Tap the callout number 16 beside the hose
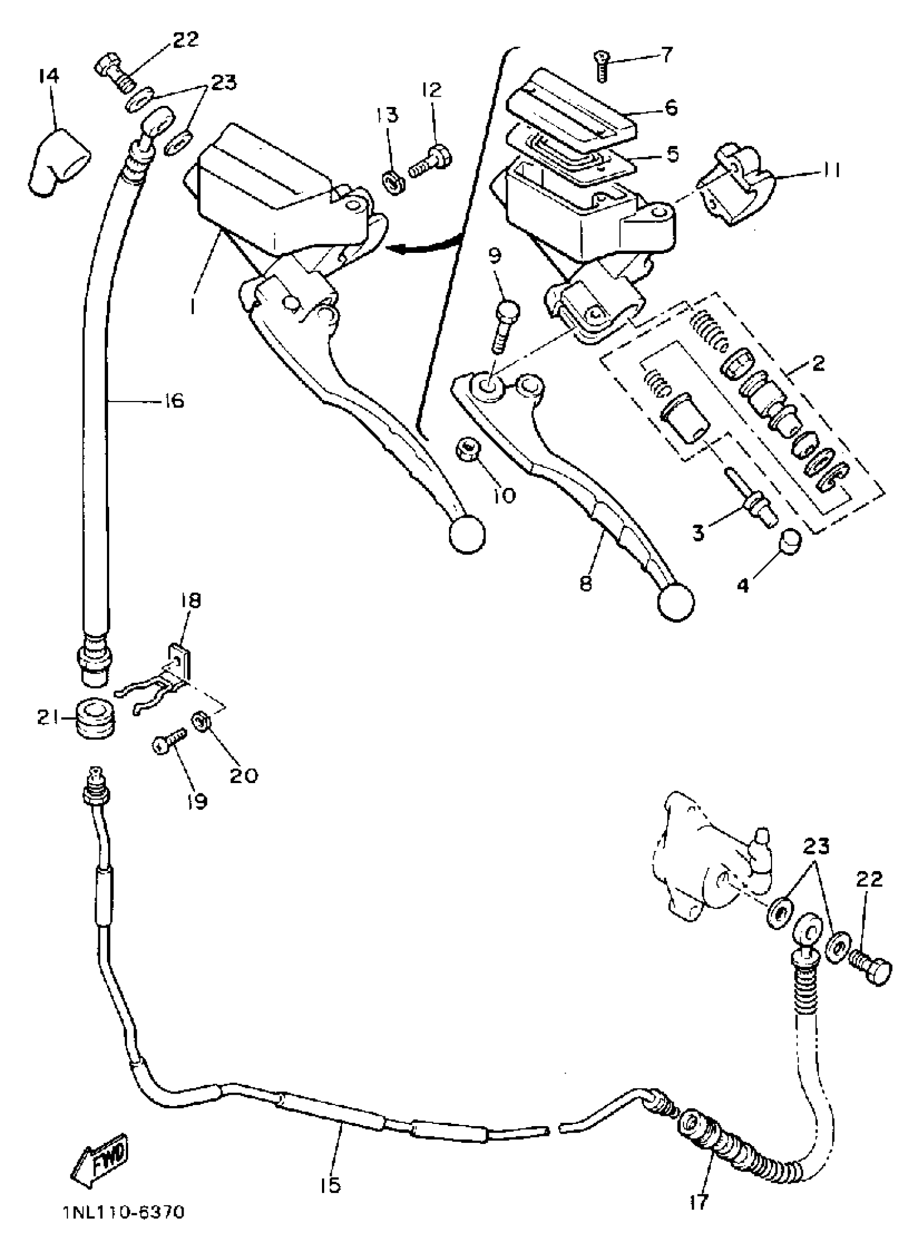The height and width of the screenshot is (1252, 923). (174, 401)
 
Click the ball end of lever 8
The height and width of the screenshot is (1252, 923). (676, 602)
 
